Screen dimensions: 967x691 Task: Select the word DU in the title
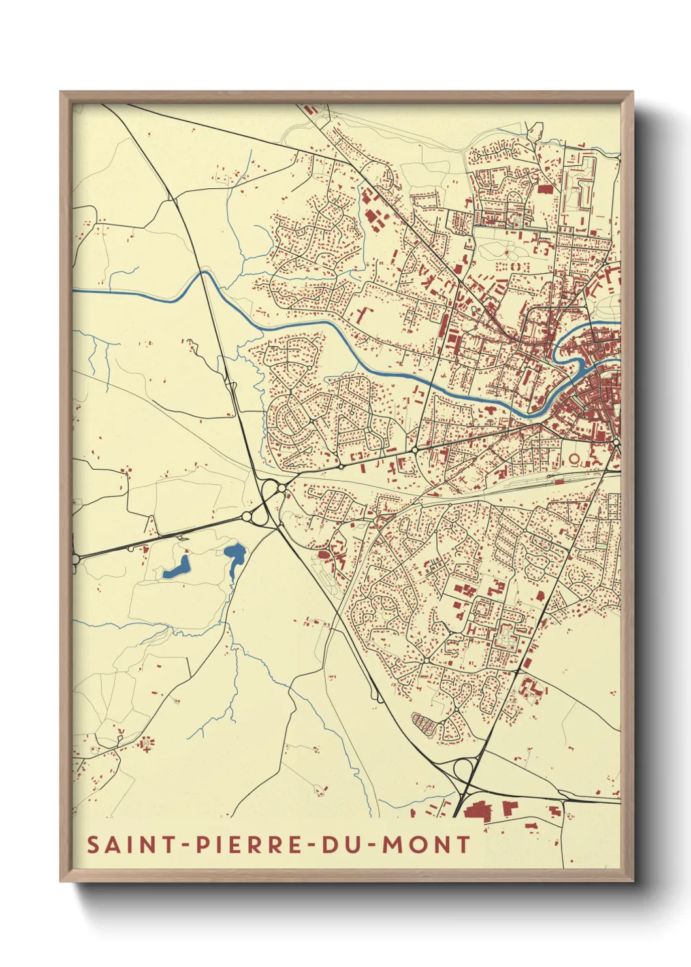337,844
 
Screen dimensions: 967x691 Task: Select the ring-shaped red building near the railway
574,459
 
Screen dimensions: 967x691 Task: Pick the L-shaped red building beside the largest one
508,808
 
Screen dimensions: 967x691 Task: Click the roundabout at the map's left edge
74,559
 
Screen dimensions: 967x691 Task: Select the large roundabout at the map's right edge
616,444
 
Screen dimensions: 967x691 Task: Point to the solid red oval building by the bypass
323,555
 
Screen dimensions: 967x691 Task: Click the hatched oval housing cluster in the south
425,723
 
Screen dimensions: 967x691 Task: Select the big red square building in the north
545,189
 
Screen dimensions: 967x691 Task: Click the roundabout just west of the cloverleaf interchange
247,517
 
